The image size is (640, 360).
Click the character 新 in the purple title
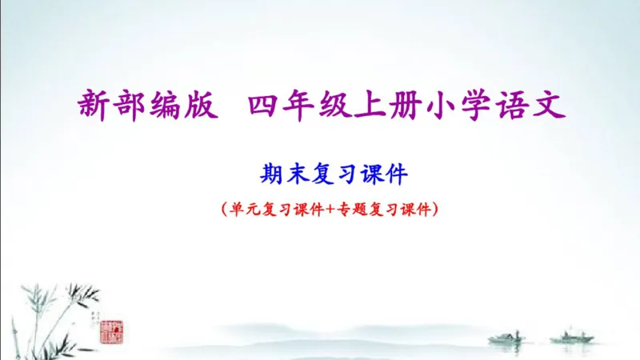coord(96,105)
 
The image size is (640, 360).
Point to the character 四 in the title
coord(264,105)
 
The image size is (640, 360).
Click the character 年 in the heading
coord(300,105)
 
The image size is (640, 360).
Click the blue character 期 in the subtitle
coord(271,172)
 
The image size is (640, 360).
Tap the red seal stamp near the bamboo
coord(111,330)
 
